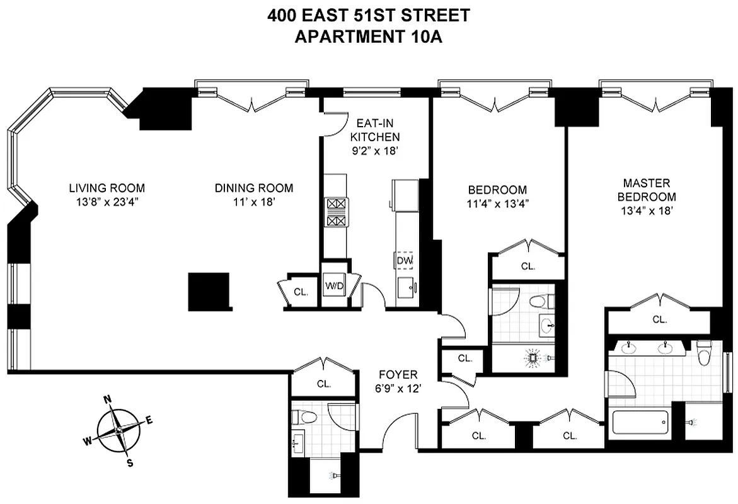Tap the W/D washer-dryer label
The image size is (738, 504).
point(334,285)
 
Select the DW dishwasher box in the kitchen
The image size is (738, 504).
point(404,260)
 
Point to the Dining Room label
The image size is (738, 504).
point(253,188)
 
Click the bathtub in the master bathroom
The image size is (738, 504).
point(640,422)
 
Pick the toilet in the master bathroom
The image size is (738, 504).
point(705,353)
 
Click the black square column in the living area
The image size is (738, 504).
point(209,292)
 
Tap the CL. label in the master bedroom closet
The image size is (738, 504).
point(659,319)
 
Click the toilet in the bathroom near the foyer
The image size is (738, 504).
point(306,416)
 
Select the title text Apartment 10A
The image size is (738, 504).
point(369,37)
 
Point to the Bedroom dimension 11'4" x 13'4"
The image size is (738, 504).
point(497,203)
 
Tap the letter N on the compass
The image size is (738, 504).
point(108,399)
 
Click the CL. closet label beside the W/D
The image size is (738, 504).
point(301,292)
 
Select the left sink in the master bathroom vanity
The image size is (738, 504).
point(628,347)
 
